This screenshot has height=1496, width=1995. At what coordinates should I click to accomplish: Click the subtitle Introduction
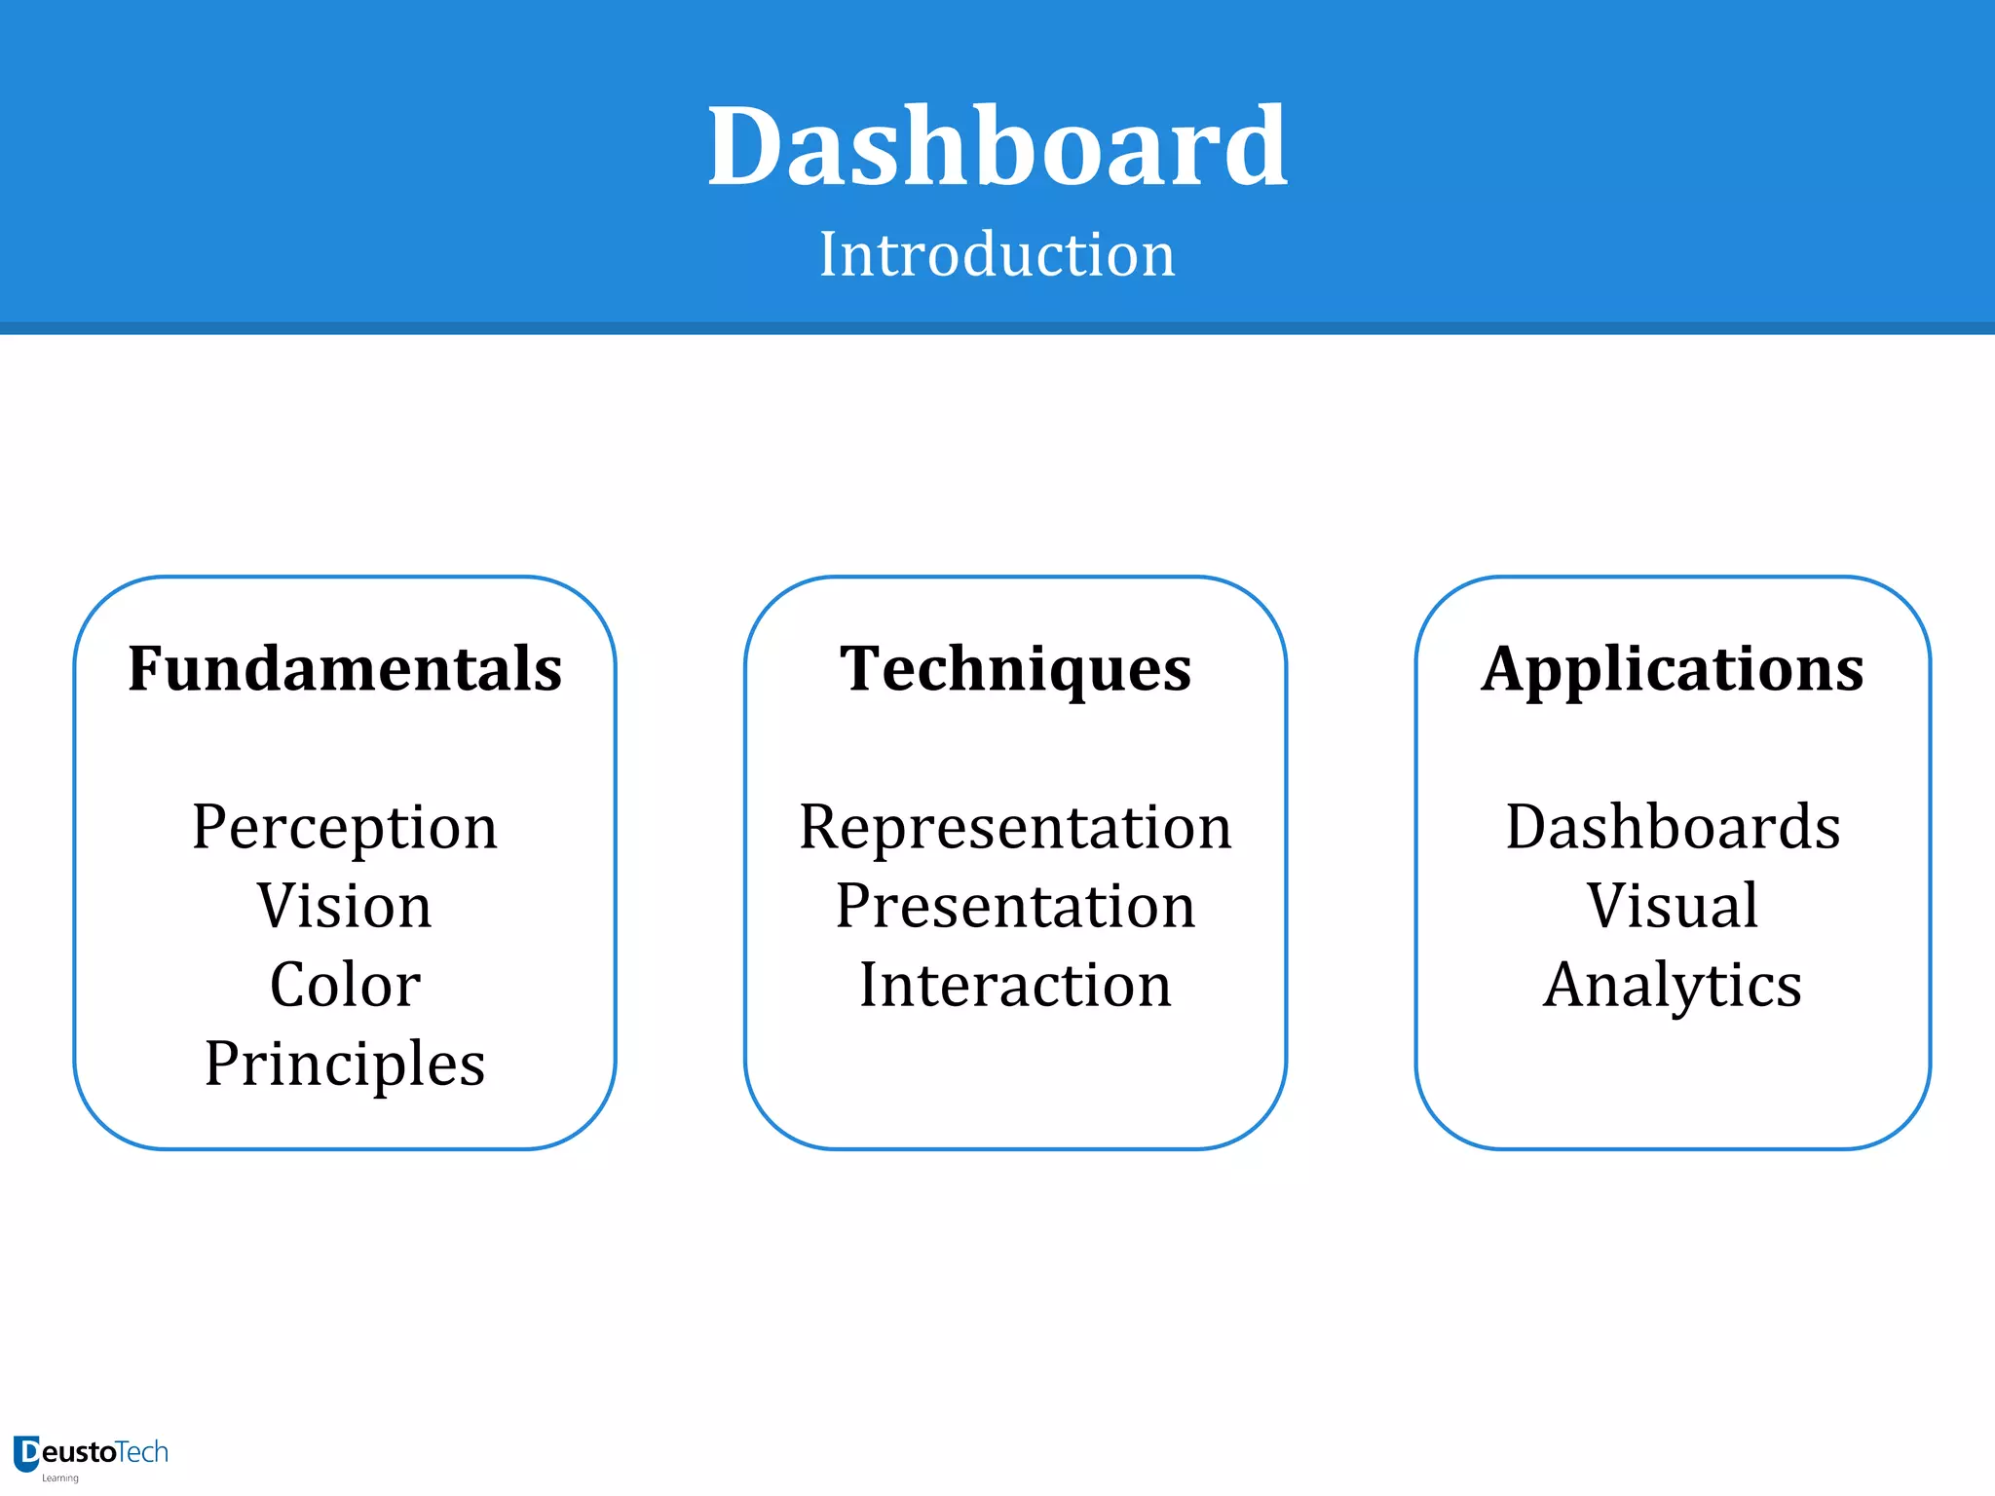click(997, 254)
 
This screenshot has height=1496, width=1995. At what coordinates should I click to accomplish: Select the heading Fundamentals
click(345, 669)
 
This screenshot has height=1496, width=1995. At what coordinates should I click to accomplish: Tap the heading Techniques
click(1015, 669)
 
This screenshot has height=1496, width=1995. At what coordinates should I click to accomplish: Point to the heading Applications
click(1672, 669)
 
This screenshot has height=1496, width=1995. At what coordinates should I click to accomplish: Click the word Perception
click(345, 828)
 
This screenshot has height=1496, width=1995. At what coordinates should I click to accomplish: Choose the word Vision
click(345, 906)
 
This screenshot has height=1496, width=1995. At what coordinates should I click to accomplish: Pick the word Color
click(345, 985)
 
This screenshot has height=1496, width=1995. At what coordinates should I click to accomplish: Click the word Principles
click(345, 1064)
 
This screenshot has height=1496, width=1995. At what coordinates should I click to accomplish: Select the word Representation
click(1015, 828)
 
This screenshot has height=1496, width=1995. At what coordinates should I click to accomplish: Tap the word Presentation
click(1015, 906)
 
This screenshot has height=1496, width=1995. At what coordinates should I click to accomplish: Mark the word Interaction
click(1015, 985)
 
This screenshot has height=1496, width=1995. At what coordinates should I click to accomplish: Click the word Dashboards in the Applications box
click(1672, 828)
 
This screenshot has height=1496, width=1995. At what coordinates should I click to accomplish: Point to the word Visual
click(1672, 906)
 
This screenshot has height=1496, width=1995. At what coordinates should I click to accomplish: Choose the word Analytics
click(1672, 985)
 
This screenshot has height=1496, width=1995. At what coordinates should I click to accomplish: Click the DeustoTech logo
click(91, 1454)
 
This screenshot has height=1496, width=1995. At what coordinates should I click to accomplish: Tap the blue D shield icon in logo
click(26, 1453)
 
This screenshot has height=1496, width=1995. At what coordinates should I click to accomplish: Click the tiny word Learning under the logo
click(59, 1478)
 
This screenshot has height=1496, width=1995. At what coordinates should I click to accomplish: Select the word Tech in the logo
click(142, 1452)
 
